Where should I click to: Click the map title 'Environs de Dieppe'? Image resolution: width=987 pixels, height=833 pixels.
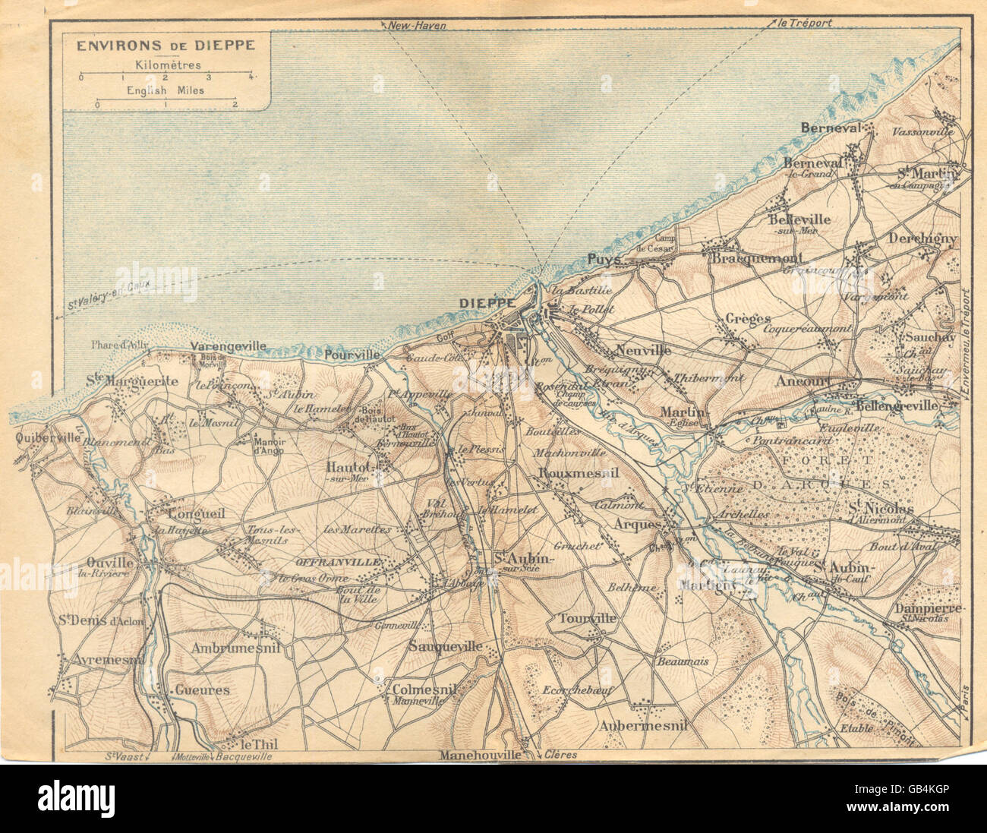[x=164, y=45]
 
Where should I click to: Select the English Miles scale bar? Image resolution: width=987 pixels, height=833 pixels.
[x=166, y=103]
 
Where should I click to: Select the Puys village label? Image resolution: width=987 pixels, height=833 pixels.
[x=604, y=260]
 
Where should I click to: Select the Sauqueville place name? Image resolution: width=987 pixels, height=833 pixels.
[x=445, y=646]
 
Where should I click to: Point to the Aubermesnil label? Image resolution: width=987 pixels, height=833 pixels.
[x=642, y=725]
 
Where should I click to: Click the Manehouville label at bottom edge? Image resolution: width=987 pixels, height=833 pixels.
[x=479, y=756]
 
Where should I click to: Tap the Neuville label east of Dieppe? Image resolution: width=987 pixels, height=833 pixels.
[x=643, y=351]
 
